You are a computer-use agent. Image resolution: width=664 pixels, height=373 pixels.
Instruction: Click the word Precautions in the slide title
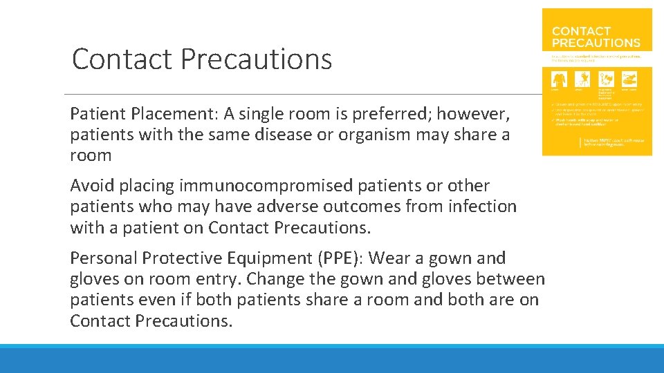point(257,59)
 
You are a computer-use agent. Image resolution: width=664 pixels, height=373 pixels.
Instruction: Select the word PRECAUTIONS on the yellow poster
point(596,43)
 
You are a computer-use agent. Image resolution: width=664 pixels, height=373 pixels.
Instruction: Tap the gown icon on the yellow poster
point(558,78)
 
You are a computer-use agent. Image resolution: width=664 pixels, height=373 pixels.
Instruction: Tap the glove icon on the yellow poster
point(583,78)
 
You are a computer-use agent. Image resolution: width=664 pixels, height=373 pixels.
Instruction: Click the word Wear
point(391,258)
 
